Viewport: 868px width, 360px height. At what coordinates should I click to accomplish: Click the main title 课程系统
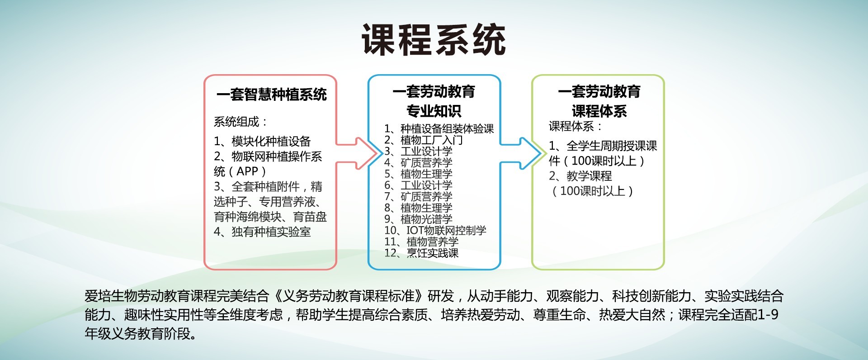434,40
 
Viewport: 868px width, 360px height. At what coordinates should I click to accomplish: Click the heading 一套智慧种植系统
271,95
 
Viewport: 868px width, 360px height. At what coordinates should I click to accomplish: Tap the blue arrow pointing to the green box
521,154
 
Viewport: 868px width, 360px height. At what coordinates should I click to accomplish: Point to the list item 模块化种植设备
271,142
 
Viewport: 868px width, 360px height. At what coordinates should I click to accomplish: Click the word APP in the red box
247,171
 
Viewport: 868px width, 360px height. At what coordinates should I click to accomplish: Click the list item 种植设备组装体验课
447,129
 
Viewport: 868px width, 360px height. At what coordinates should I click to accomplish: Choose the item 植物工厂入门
432,140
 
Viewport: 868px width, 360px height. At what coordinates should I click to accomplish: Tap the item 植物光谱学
426,219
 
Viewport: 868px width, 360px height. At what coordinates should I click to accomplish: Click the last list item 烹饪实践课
433,253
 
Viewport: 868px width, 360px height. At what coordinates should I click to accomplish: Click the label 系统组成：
241,122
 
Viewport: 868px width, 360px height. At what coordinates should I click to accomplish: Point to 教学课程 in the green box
590,176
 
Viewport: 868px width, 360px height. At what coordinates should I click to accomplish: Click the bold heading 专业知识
434,111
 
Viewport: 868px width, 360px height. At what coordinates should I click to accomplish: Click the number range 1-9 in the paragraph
768,315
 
